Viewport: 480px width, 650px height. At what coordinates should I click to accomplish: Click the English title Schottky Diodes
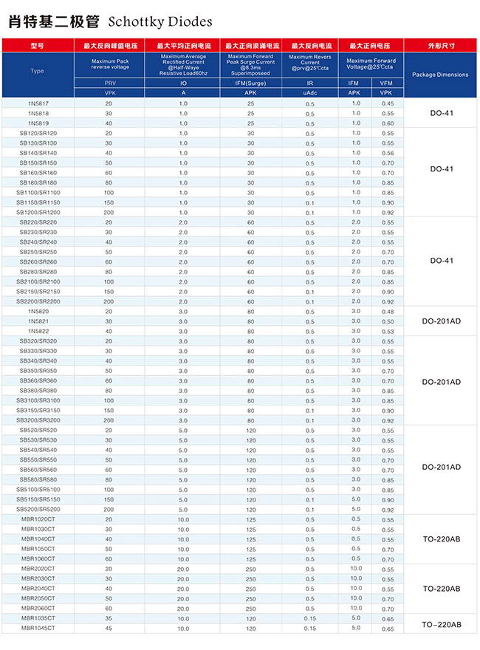160,21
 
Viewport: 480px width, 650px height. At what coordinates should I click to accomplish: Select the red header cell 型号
38,46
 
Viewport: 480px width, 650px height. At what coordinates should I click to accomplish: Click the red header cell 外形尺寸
441,46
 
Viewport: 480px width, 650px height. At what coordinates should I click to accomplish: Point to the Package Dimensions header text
440,75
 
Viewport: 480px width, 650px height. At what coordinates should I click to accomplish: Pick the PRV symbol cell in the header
109,83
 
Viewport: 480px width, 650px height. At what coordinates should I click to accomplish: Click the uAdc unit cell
309,93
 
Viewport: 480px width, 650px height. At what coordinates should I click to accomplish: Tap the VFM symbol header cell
387,83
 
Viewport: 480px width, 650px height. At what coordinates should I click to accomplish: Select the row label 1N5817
38,103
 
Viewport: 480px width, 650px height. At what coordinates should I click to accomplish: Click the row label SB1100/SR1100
38,192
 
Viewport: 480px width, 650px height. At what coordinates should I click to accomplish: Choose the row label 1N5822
38,331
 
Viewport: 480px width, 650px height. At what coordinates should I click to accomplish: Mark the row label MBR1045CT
38,628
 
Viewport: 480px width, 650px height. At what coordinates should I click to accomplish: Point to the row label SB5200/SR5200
38,509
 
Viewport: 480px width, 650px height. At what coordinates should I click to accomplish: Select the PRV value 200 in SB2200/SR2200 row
109,301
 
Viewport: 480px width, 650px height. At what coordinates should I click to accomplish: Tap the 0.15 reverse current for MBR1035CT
309,618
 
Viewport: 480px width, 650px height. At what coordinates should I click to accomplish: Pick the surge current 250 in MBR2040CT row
251,589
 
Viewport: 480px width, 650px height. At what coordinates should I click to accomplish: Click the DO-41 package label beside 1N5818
441,114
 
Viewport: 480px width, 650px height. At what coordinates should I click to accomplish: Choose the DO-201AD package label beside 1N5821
441,321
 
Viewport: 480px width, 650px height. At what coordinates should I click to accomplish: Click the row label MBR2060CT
38,608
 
